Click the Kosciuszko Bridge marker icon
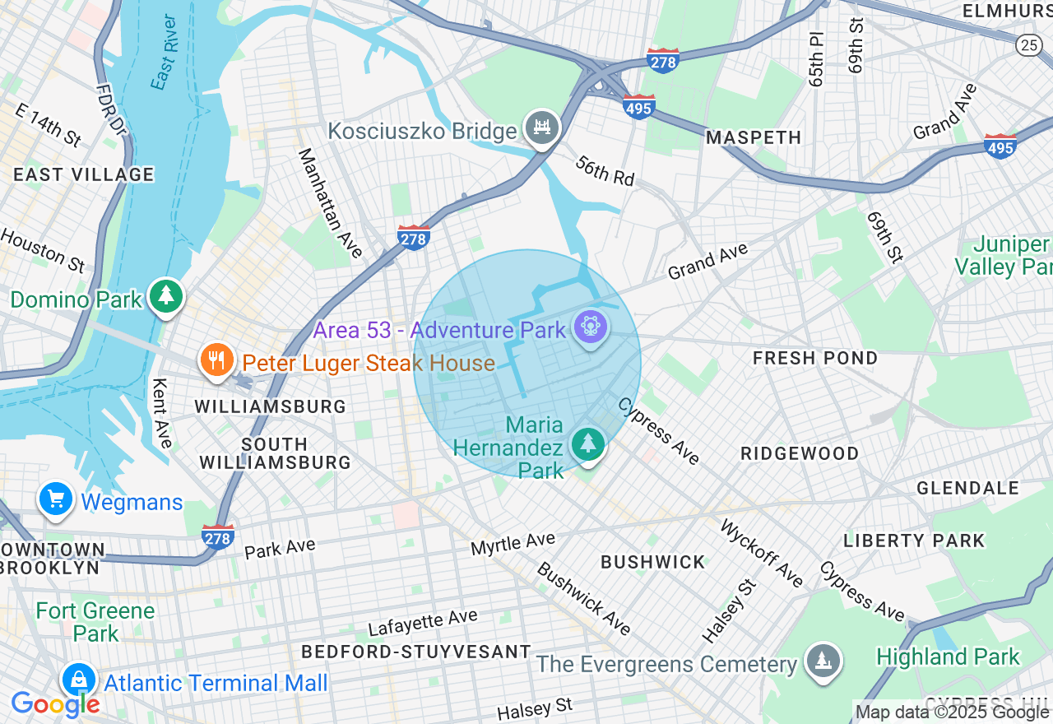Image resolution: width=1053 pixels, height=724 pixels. pyautogui.click(x=542, y=128)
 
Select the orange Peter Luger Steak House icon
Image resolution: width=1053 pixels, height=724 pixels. pyautogui.click(x=216, y=360)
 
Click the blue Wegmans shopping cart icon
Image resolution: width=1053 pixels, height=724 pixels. pyautogui.click(x=56, y=499)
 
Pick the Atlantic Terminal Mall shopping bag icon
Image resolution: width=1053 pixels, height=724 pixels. pyautogui.click(x=78, y=680)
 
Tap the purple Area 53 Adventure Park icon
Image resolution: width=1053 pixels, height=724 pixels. pyautogui.click(x=591, y=327)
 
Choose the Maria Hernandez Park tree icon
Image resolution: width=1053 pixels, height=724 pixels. pyautogui.click(x=587, y=444)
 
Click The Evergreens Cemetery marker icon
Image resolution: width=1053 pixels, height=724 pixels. pyautogui.click(x=822, y=661)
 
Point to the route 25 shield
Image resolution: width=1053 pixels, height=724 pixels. pyautogui.click(x=1028, y=44)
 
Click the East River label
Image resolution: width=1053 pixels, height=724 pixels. pyautogui.click(x=165, y=52)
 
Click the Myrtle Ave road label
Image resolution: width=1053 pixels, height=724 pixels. pyautogui.click(x=513, y=544)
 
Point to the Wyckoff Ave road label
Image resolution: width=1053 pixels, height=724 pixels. pyautogui.click(x=761, y=554)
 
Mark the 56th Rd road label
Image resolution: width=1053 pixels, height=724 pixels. pyautogui.click(x=605, y=170)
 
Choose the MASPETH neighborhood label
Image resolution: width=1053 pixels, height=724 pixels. pyautogui.click(x=754, y=137)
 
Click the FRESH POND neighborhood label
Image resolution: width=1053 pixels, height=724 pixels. pyautogui.click(x=815, y=358)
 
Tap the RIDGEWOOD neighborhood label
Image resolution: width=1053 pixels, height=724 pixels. pyautogui.click(x=799, y=453)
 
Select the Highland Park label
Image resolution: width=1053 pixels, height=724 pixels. pyautogui.click(x=948, y=657)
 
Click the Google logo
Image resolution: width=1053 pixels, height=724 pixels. pyautogui.click(x=55, y=705)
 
